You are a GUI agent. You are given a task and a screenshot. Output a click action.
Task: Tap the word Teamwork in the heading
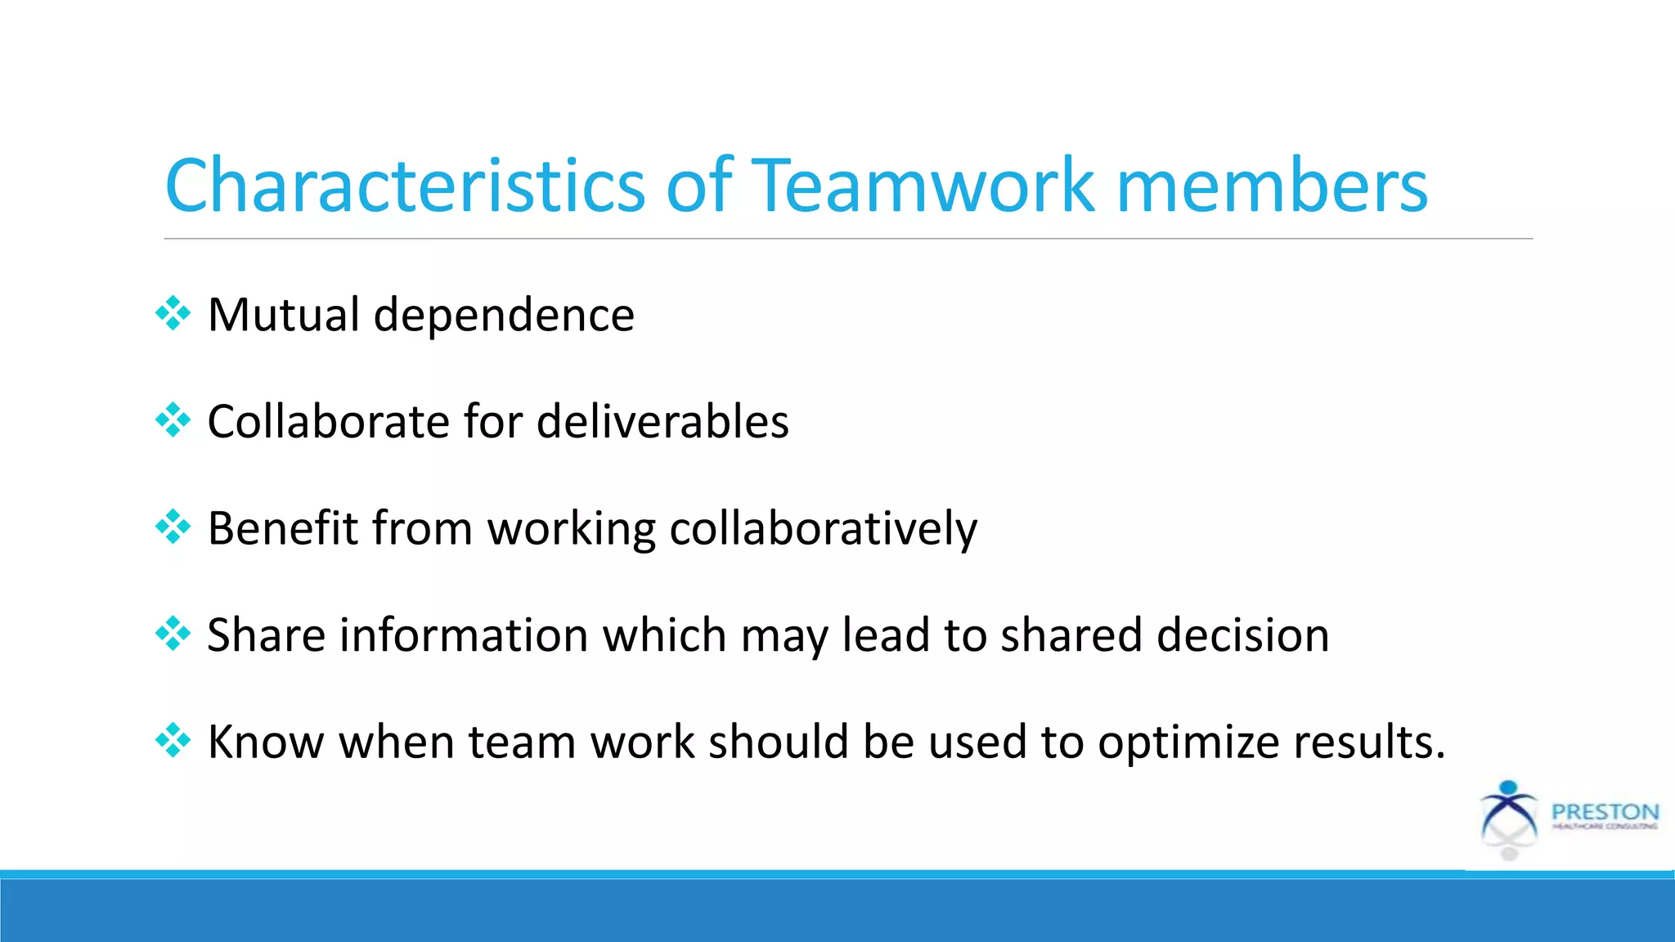click(x=922, y=186)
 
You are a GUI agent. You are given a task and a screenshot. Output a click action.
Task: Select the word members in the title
click(x=1272, y=186)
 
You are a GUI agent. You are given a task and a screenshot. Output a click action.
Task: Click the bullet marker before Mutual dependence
click(x=173, y=313)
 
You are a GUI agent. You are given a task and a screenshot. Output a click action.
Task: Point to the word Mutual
click(x=284, y=315)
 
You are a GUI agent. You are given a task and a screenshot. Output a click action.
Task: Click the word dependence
click(x=504, y=315)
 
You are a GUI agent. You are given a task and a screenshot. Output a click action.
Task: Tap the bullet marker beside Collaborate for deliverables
click(x=173, y=420)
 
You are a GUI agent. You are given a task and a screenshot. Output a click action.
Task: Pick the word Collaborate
click(x=328, y=422)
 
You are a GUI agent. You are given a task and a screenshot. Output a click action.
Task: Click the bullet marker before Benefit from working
click(x=173, y=527)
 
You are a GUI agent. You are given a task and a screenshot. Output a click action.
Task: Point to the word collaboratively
click(x=823, y=529)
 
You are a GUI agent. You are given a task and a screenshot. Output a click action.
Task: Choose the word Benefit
click(x=282, y=528)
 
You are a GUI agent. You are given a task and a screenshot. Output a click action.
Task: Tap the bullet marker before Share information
click(x=173, y=634)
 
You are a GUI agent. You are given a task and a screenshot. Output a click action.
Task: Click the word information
click(x=464, y=635)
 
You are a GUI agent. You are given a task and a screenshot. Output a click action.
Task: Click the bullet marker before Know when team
click(x=173, y=741)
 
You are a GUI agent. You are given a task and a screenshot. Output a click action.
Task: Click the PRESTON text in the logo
click(x=1605, y=812)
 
